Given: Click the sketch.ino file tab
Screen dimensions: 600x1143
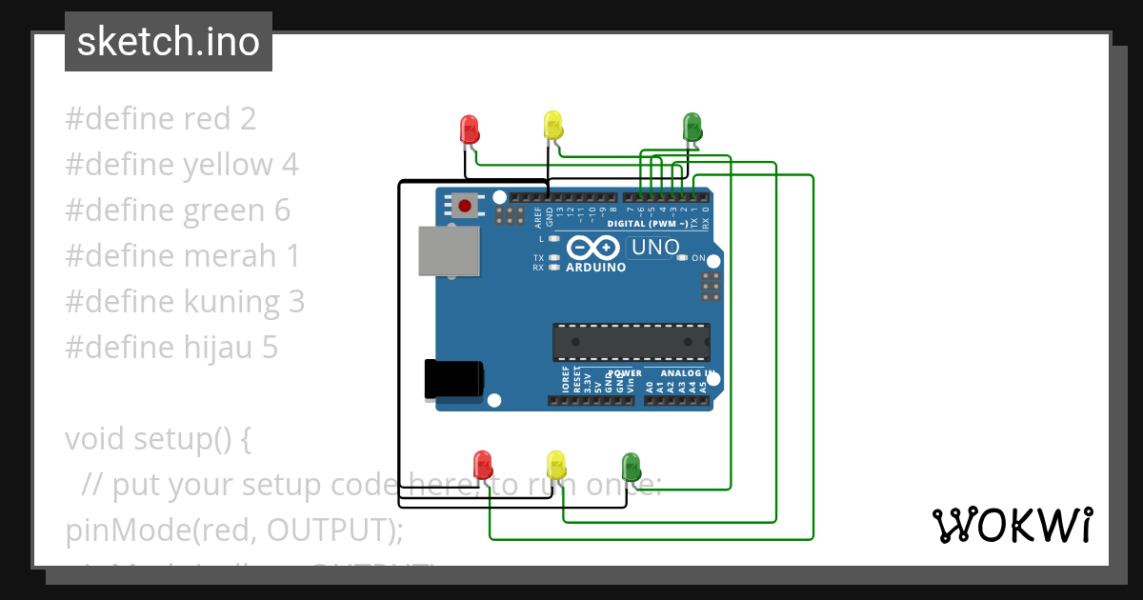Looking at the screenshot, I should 169,42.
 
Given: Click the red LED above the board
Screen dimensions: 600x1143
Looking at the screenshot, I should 469,129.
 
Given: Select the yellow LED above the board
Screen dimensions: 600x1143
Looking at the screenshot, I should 553,124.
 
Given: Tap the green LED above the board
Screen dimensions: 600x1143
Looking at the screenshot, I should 692,126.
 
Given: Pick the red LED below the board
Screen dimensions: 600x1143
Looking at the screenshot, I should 483,465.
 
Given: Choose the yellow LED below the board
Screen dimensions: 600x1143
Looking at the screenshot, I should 556,464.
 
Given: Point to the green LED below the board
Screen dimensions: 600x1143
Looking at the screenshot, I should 630,466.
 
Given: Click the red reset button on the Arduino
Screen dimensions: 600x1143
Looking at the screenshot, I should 465,205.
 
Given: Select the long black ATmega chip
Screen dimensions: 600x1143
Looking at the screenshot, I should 631,342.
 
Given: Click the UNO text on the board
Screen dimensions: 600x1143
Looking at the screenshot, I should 654,249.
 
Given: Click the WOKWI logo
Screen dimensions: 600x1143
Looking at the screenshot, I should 1012,525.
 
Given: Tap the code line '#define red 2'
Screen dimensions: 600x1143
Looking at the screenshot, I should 161,119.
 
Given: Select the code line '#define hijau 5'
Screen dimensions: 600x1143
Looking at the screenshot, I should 171,348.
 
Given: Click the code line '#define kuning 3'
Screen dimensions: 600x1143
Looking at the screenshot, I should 185,302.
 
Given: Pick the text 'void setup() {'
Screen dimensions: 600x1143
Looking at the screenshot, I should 157,439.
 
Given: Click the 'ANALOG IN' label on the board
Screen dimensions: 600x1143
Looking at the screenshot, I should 680,374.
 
